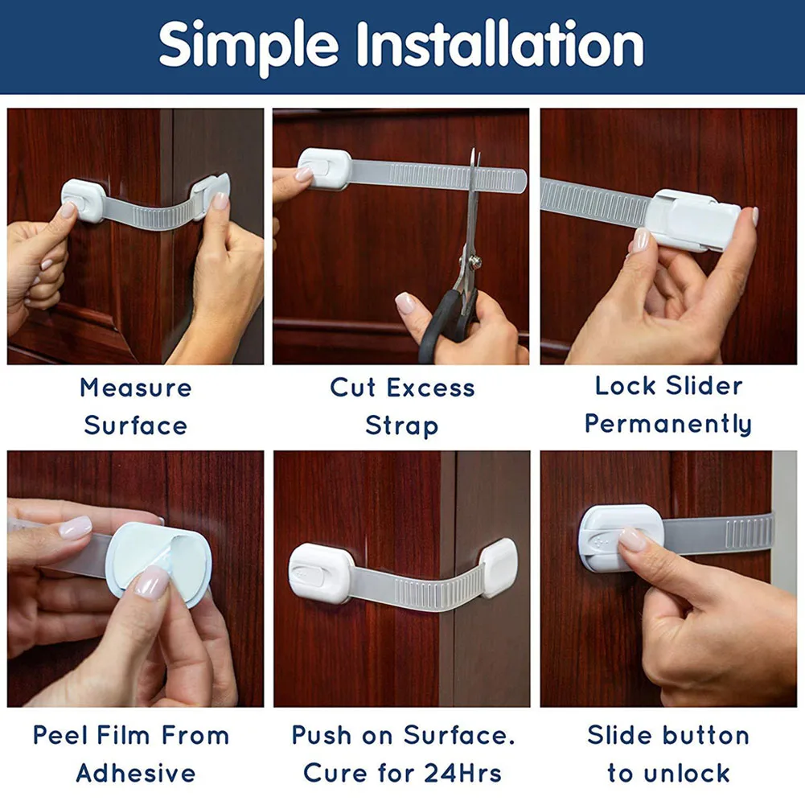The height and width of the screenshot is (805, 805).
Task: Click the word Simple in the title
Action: [x=248, y=47]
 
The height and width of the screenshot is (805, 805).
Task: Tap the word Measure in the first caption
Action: [x=136, y=388]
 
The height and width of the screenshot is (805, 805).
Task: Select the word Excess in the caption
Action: [x=431, y=388]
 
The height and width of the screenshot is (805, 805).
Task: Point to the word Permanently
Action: [x=668, y=425]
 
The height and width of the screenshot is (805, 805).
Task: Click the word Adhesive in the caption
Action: [x=136, y=773]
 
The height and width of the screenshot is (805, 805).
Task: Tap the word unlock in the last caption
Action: [x=687, y=773]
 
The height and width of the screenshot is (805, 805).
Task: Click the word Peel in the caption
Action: [x=60, y=735]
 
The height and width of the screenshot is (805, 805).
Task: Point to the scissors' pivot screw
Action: [x=476, y=262]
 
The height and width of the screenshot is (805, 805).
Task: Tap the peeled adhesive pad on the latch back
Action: [x=158, y=563]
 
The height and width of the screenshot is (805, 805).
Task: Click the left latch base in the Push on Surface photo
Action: [x=320, y=573]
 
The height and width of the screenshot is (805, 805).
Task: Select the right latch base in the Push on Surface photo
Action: [x=499, y=568]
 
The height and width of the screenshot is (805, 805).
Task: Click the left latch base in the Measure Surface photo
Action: [x=84, y=201]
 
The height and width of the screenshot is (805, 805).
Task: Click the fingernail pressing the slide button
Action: [x=632, y=539]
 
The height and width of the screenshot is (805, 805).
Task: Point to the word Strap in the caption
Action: [x=402, y=427]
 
